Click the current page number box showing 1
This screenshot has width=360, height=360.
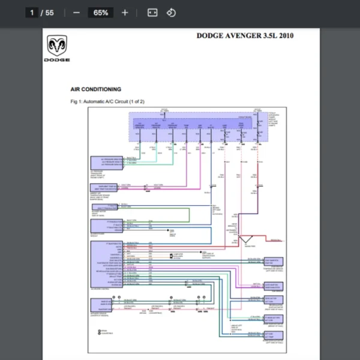(x=31, y=13)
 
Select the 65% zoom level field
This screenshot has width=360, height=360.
(x=100, y=13)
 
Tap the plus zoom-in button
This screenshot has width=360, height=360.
(x=125, y=13)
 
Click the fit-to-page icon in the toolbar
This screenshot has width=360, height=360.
(x=152, y=13)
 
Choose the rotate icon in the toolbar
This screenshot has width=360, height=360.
(x=171, y=13)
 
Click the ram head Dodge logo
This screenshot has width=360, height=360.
(x=57, y=46)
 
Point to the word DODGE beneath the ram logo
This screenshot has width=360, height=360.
(x=57, y=60)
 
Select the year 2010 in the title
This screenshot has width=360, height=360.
(x=285, y=35)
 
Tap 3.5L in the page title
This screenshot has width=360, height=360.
(x=266, y=35)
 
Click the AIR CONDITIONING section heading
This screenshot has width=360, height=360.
(x=96, y=89)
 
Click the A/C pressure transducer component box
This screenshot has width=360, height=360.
(x=107, y=161)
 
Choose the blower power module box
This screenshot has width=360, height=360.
(x=106, y=226)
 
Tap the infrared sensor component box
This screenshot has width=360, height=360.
(x=103, y=304)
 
